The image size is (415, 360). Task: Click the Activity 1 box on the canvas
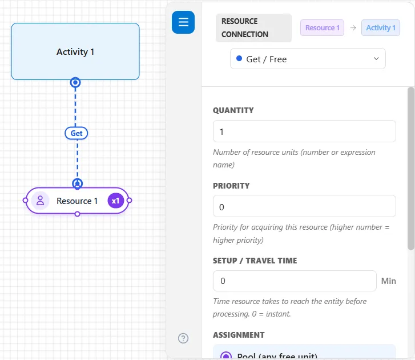tap(75, 51)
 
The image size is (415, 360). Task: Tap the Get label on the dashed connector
tap(76, 133)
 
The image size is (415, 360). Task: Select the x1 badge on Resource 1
tap(115, 201)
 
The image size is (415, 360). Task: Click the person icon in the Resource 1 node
tap(40, 201)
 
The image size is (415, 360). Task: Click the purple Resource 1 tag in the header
tap(322, 28)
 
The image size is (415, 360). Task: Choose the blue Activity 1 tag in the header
tap(381, 28)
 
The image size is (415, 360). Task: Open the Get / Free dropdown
tap(308, 59)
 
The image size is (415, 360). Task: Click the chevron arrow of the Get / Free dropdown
tap(376, 58)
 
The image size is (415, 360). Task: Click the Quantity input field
tap(304, 131)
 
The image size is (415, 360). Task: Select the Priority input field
tap(304, 206)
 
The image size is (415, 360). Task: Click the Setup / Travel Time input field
tap(295, 281)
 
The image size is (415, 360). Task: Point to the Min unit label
tap(388, 281)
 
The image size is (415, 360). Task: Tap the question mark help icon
tap(183, 338)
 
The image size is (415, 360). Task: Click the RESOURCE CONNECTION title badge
tap(253, 28)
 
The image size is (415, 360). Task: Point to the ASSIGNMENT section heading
tap(239, 335)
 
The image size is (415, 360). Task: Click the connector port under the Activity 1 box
tap(75, 83)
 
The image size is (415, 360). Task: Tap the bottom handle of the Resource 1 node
tap(77, 214)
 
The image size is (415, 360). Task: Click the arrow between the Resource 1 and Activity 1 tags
tap(353, 28)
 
